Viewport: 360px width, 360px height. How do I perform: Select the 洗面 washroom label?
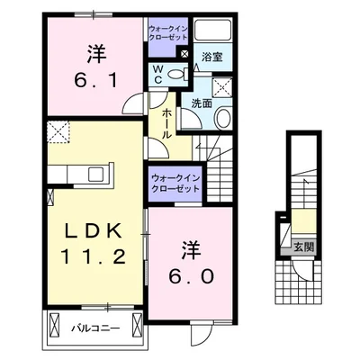(201, 103)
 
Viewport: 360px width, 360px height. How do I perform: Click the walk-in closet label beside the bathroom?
(169, 33)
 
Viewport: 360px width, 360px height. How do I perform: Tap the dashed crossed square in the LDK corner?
(59, 132)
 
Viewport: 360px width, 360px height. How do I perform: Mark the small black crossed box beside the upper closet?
(184, 55)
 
